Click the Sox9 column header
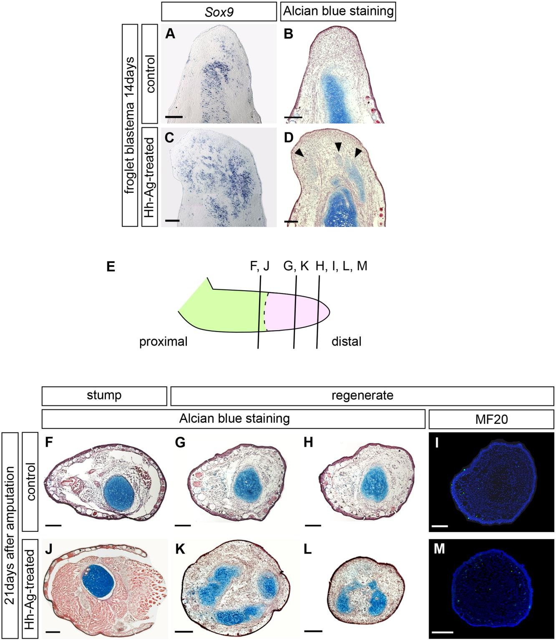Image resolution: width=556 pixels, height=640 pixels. point(219,11)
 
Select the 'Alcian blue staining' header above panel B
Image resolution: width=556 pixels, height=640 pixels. point(338,11)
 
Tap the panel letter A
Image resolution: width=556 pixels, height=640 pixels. point(170,34)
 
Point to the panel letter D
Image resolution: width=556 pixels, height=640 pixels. point(289,138)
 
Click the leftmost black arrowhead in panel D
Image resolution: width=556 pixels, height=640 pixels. point(298,154)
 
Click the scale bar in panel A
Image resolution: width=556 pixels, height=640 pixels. point(174,117)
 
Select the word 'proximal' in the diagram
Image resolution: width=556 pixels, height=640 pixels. point(163,342)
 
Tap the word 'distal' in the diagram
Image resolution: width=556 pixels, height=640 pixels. point(346,342)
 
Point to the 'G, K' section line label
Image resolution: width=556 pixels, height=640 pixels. point(295,266)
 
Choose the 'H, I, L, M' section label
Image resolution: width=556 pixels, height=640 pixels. point(342,266)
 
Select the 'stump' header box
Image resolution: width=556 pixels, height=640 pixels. point(104,395)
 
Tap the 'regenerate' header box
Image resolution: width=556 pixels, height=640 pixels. point(362,395)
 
